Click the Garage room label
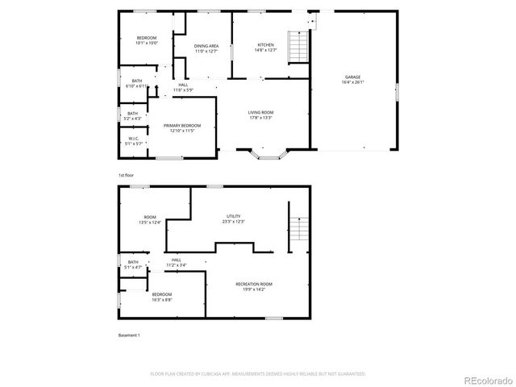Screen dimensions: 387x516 coord(352,77)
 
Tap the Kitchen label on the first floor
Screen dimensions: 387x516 coord(266,44)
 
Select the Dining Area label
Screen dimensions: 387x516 coord(206,46)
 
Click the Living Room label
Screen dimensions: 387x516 coord(260,112)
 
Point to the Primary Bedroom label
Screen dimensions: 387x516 coord(182,126)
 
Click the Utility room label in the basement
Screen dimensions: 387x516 coord(234,215)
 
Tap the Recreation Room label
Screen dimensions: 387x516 coord(254,284)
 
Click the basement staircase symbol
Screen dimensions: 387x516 coord(298,231)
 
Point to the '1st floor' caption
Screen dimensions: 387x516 coord(126,175)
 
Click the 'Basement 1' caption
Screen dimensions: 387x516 coord(129,334)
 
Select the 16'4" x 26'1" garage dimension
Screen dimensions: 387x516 coord(352,82)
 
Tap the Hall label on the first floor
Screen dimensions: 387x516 coord(183,85)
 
